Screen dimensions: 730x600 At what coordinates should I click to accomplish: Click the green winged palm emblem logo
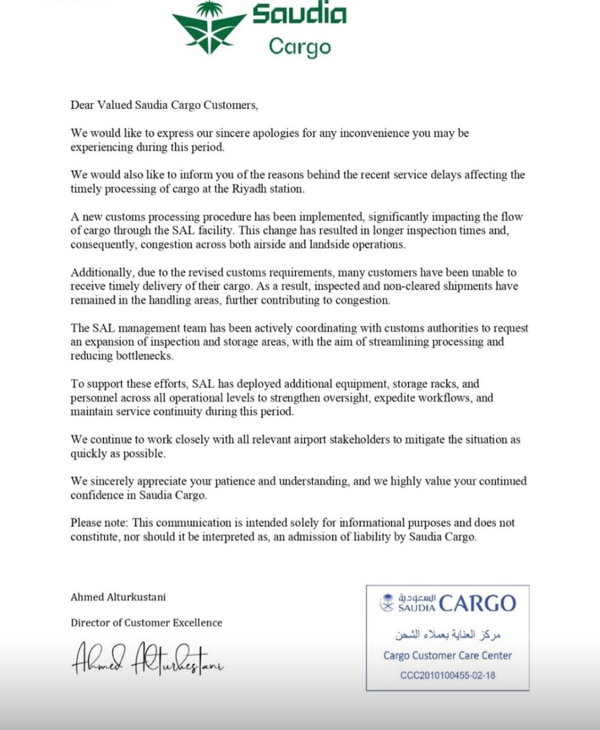click(209, 28)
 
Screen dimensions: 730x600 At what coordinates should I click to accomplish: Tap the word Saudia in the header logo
click(299, 15)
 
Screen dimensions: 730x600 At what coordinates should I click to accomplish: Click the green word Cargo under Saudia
click(299, 47)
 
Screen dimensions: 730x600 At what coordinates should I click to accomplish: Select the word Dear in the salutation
click(82, 105)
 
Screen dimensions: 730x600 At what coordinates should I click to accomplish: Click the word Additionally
click(102, 272)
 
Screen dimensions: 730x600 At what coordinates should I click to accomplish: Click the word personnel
click(95, 398)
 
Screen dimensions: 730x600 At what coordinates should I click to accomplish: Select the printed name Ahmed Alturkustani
click(118, 597)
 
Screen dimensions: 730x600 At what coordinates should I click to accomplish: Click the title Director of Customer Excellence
click(146, 622)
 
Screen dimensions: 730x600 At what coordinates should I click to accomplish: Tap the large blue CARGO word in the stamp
click(477, 603)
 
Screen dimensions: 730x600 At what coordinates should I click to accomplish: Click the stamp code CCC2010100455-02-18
click(447, 675)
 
